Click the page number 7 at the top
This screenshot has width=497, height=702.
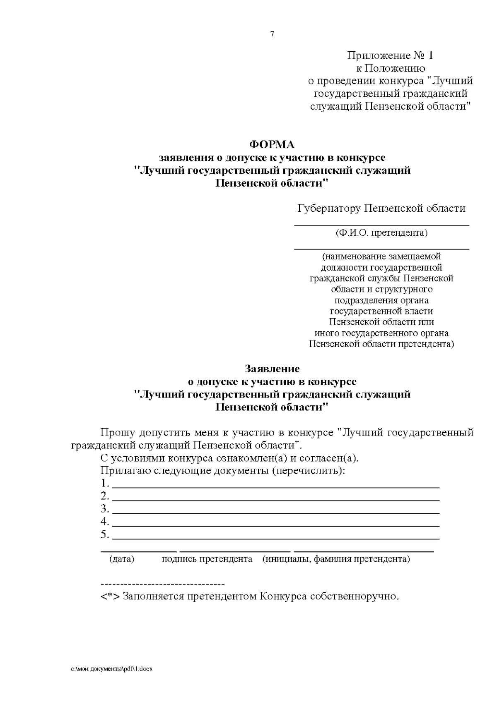pos(272,34)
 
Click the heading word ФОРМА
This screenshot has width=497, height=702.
pos(272,145)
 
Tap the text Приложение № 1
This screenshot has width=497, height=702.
pos(390,55)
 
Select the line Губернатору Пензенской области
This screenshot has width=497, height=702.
pos(381,208)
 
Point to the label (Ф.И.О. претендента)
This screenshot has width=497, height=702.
pos(381,232)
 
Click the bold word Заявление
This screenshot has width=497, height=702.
pos(272,368)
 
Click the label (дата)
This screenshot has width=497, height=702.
pos(122,559)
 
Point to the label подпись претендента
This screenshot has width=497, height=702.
pos(207,559)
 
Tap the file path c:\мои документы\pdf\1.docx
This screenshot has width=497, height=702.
pos(112,669)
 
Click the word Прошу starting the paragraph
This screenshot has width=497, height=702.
pos(118,433)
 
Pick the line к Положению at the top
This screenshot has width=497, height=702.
pos(391,68)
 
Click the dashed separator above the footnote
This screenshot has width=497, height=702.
pos(162,584)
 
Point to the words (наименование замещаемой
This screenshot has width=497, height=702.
pos(381,256)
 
